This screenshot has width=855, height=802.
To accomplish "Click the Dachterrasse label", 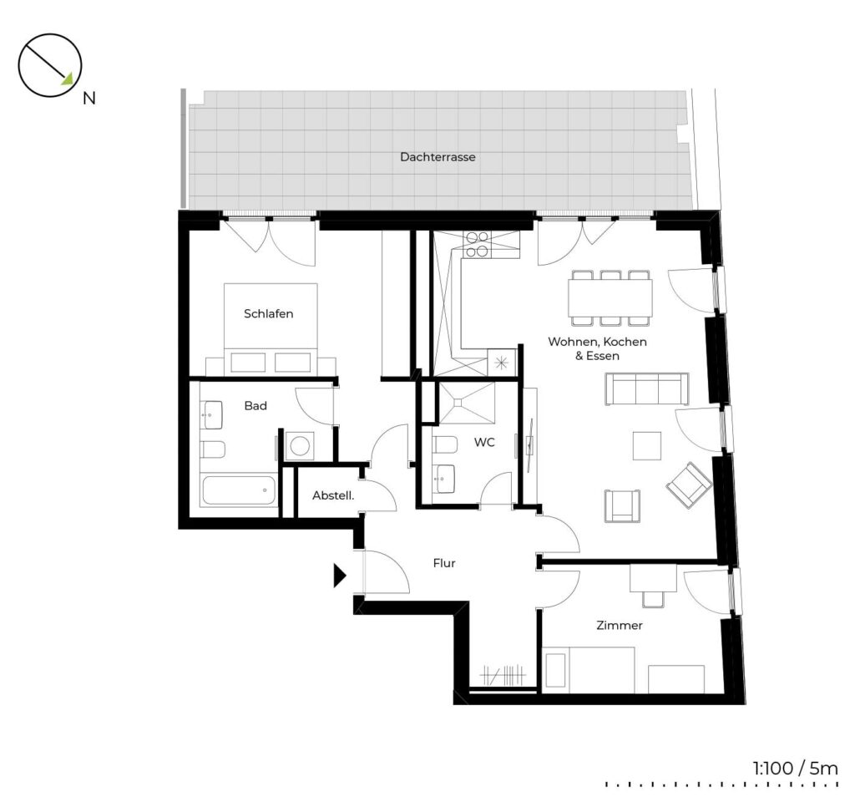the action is tap(438, 157).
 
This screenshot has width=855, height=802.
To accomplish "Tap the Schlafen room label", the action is tap(268, 314).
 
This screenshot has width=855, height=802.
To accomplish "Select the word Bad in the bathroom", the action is tap(255, 405).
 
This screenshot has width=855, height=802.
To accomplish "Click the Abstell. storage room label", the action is tap(332, 495).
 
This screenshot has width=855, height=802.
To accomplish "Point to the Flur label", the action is tap(444, 563).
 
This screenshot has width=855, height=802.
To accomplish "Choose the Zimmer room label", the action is tap(620, 625).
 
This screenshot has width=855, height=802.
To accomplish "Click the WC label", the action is tap(484, 442).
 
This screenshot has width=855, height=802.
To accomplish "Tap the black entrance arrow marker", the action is tap(340, 576).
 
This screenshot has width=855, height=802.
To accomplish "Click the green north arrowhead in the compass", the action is tap(67, 79).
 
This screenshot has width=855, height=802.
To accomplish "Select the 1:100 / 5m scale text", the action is tap(795, 769).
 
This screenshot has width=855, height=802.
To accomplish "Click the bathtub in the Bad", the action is tap(240, 490).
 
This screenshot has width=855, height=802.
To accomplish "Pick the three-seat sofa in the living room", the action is tap(647, 389).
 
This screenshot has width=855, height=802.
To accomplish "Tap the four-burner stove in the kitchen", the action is tap(477, 245).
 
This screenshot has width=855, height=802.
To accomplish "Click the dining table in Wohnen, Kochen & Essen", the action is tap(610, 298).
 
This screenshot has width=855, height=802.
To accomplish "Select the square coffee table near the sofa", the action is tap(647, 446).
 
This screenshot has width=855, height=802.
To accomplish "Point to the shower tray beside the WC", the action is tap(468, 403).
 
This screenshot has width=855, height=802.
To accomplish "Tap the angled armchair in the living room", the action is tap(689, 485).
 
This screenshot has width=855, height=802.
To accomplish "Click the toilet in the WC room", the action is tap(444, 445).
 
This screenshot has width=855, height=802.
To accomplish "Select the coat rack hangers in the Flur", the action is tap(503, 675).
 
